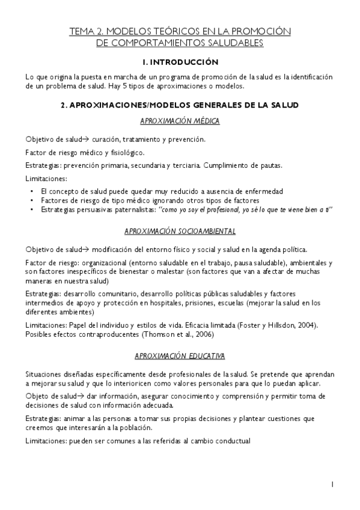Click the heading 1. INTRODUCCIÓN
click(x=180, y=63)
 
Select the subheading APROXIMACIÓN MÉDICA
click(x=180, y=121)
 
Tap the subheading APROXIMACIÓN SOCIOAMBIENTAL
click(x=180, y=231)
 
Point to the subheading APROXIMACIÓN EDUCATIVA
click(x=180, y=356)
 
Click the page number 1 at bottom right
click(x=332, y=484)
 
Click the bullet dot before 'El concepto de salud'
click(x=31, y=191)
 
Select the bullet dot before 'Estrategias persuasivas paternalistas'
click(x=31, y=209)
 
